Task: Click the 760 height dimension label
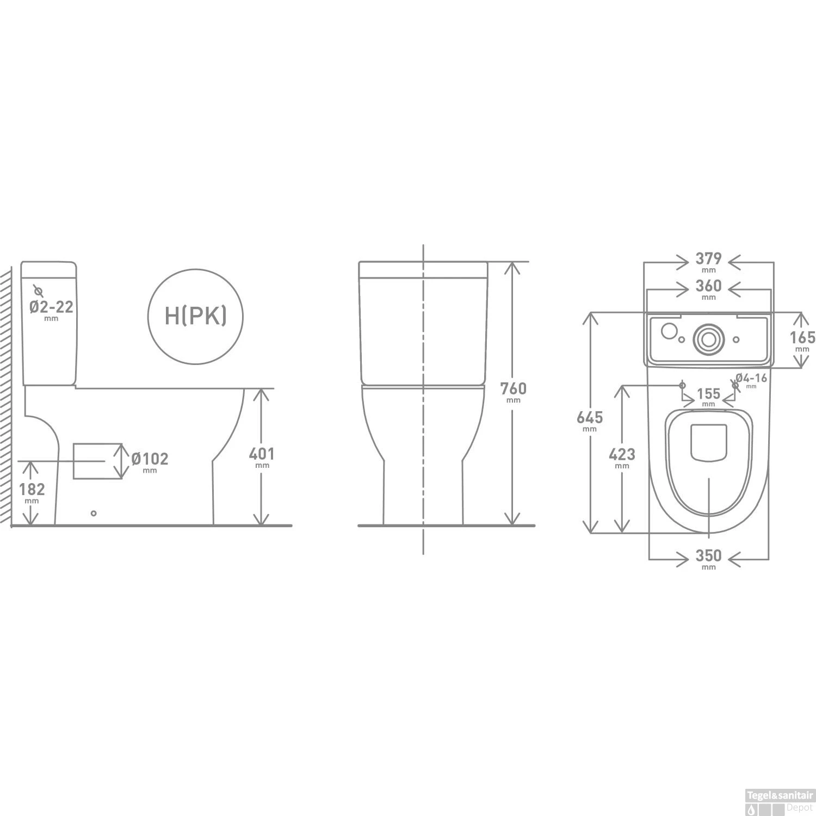[514, 388]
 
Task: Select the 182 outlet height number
[32, 489]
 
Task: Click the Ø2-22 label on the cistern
[51, 307]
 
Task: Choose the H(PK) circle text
[195, 316]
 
